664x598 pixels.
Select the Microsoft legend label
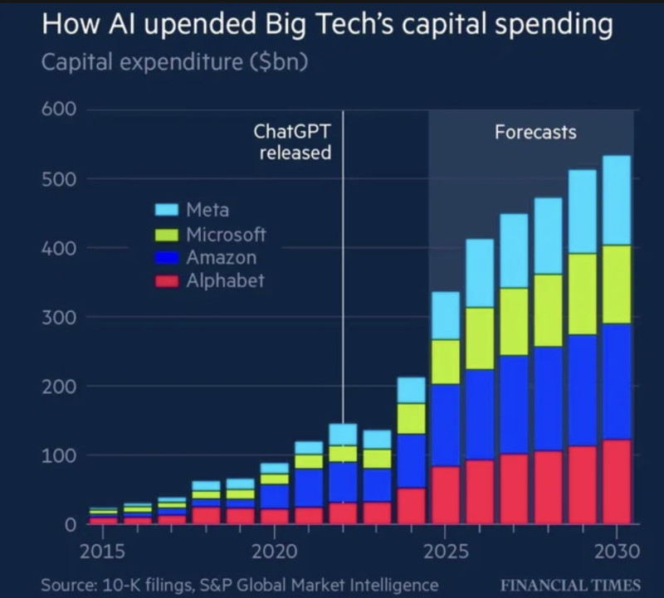[226, 234]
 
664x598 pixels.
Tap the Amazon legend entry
[221, 257]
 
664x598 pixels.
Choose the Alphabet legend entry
[225, 280]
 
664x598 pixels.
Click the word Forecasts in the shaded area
[535, 132]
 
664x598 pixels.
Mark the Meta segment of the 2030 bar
[617, 200]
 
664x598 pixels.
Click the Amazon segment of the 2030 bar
[617, 381]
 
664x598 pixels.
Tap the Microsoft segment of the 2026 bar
[480, 338]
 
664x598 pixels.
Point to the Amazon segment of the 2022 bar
[343, 482]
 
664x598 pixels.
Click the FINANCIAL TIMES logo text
[571, 585]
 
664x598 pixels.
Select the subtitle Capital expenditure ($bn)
[174, 63]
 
